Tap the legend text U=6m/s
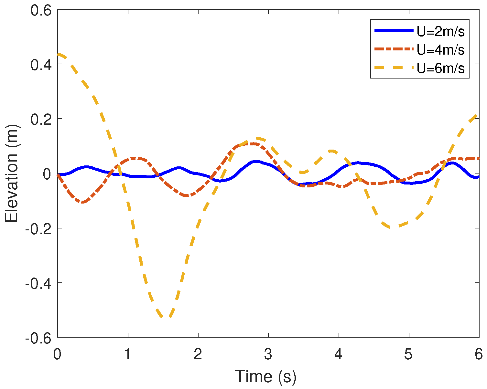441,68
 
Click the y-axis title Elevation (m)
12,173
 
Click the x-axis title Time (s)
265,376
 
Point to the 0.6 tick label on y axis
41,10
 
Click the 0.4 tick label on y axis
41,65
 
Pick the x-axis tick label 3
268,354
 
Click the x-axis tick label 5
408,354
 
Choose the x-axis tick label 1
128,354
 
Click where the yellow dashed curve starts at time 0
59,54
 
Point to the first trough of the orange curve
83,202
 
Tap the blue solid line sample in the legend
394,30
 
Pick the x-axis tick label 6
479,354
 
